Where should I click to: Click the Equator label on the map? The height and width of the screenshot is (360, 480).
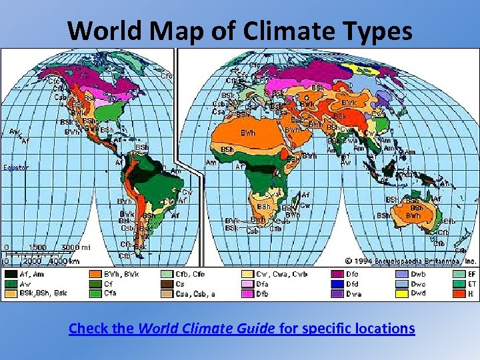point(15,167)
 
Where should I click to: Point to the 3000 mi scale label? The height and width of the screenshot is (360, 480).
point(75,247)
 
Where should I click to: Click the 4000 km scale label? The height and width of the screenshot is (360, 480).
point(64,261)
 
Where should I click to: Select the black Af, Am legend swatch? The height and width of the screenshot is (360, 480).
point(11,273)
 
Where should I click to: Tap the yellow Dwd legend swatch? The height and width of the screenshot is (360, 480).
point(401,293)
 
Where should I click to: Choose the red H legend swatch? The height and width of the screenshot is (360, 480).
point(458,293)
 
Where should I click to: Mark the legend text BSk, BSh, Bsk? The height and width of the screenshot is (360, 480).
point(43,293)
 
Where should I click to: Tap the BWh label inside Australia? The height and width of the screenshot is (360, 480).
point(413,215)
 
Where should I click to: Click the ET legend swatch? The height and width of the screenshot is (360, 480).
point(458,283)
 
